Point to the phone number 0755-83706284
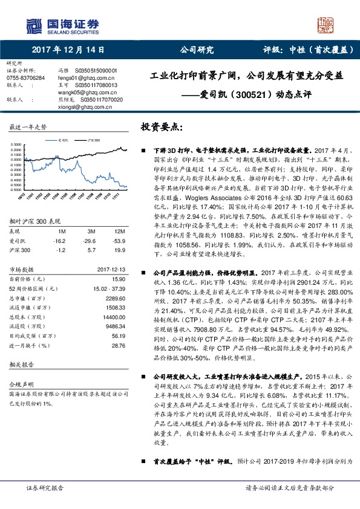25,78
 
